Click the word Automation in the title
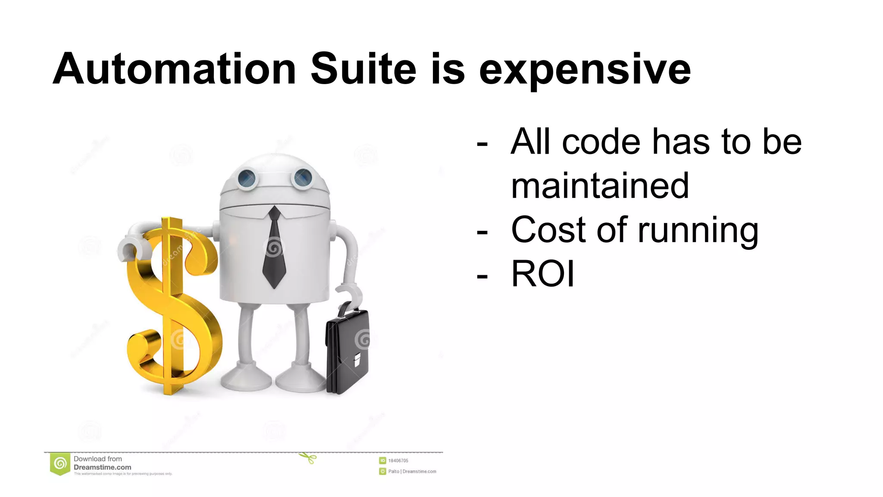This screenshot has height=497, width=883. pos(174,69)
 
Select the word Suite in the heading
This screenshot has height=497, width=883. pos(363,69)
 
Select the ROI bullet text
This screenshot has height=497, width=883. pos(542,274)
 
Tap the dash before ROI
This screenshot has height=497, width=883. pos(482,275)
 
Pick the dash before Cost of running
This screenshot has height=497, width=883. pos(482,232)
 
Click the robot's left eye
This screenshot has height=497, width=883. pos(247,177)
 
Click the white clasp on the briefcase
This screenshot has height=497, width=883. pos(357,359)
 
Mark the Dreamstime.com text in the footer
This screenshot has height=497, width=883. pos(102,467)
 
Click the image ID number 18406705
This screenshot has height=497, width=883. pos(398,461)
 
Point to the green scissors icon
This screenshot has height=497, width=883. pos(308,458)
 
